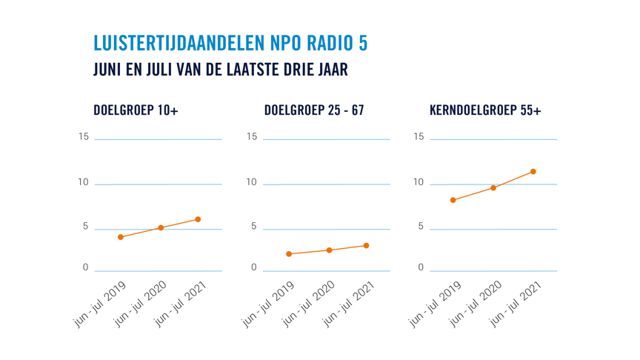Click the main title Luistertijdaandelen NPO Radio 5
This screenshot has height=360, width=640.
click(230, 43)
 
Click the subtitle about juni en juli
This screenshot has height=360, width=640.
click(221, 70)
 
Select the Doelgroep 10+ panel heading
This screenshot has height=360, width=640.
click(136, 110)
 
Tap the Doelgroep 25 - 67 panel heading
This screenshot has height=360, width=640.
click(314, 110)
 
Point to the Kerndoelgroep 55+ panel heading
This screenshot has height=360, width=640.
click(485, 110)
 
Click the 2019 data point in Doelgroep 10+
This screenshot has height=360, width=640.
click(121, 237)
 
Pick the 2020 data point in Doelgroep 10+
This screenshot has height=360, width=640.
click(161, 228)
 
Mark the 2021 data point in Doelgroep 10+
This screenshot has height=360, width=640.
click(198, 219)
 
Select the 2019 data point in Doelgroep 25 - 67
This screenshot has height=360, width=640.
click(289, 254)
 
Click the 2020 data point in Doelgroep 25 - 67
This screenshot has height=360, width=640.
click(329, 250)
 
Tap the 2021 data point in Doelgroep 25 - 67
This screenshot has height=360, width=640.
click(366, 246)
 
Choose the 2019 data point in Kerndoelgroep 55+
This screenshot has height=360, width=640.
click(453, 200)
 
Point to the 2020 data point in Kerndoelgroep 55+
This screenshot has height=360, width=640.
click(493, 188)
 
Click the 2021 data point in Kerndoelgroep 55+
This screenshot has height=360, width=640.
click(533, 172)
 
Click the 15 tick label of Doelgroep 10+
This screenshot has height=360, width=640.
click(84, 137)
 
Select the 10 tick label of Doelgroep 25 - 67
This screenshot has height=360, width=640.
click(252, 182)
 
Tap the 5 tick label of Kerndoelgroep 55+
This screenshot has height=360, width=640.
click(421, 227)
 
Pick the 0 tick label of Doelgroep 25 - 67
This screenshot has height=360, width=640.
click(254, 268)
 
